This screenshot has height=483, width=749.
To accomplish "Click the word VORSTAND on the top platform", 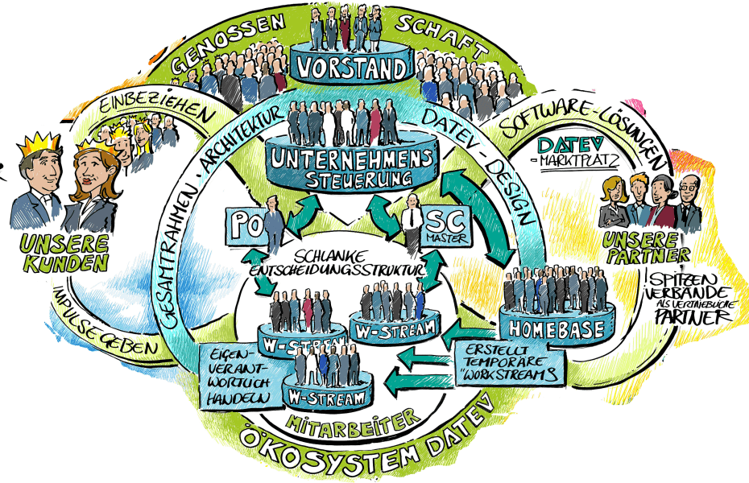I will (x=352, y=68).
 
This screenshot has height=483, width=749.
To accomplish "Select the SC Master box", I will (x=439, y=225).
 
